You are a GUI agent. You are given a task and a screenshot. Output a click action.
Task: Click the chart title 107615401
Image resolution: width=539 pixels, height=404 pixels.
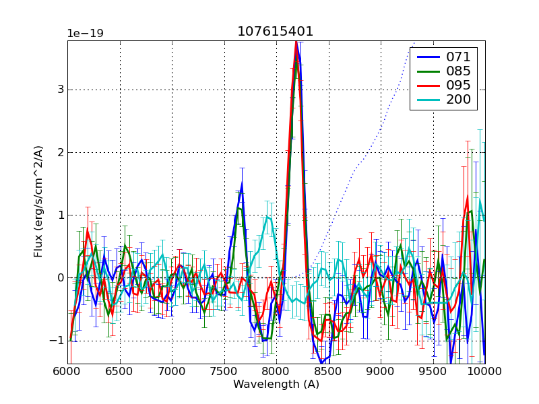275,32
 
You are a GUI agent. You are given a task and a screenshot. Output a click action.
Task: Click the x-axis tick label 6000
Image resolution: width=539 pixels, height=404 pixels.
67,371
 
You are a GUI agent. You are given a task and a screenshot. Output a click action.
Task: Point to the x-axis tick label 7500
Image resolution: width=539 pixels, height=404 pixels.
224,371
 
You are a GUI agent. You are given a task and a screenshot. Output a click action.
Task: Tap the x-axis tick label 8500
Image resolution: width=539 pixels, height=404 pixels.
328,371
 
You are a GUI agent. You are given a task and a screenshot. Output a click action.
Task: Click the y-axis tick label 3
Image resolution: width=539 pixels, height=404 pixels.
61,90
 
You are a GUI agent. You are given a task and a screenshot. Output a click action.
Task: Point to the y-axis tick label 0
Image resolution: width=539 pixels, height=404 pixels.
61,277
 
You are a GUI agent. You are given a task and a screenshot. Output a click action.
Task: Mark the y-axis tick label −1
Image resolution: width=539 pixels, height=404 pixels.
57,340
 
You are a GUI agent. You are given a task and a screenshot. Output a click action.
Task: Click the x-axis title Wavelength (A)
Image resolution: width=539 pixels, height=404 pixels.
276,384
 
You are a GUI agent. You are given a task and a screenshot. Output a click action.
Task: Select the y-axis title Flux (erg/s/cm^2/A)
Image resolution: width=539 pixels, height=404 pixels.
38,202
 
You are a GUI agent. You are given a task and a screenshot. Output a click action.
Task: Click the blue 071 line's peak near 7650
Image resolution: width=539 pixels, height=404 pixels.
242,183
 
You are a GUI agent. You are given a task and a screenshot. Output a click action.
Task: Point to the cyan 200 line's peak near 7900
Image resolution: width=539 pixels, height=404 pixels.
267,217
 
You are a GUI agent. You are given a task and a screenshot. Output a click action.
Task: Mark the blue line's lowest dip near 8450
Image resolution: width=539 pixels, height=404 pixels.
322,362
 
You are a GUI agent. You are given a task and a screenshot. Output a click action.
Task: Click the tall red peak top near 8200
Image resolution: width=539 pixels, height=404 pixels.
295,42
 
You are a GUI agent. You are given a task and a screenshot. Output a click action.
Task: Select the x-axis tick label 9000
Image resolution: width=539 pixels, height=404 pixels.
380,371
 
